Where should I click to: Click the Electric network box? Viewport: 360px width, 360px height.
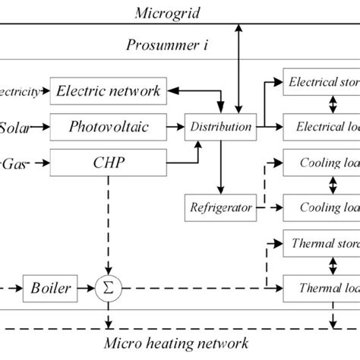click(x=108, y=91)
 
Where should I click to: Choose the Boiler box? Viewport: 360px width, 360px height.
click(x=51, y=288)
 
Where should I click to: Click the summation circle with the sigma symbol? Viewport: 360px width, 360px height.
click(x=109, y=288)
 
